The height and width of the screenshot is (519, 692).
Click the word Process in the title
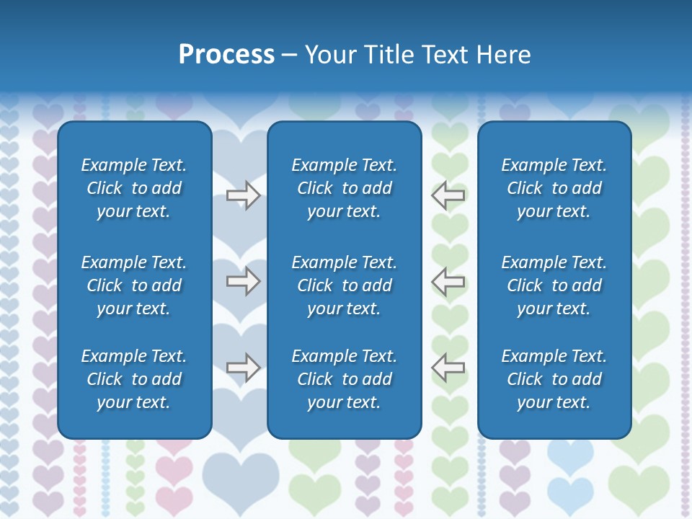click(226, 55)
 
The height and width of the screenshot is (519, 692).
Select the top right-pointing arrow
click(244, 195)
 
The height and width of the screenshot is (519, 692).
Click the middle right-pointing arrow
click(244, 281)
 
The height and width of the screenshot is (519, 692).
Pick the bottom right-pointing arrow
click(244, 368)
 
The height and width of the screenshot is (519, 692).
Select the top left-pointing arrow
click(448, 195)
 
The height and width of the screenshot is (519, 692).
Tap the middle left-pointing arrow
click(448, 281)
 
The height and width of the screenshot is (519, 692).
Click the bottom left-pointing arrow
click(448, 368)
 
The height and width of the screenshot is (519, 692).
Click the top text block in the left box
click(134, 188)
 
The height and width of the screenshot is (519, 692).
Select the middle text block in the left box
click(134, 285)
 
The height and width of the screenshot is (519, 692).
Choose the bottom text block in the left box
click(134, 379)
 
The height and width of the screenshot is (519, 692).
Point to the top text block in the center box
click(344, 188)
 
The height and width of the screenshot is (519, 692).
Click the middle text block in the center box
click(344, 285)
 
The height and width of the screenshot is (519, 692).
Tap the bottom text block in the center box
click(344, 379)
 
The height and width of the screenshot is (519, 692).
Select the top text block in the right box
click(554, 188)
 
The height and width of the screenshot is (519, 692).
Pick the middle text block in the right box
click(554, 285)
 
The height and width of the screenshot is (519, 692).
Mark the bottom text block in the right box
click(554, 379)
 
